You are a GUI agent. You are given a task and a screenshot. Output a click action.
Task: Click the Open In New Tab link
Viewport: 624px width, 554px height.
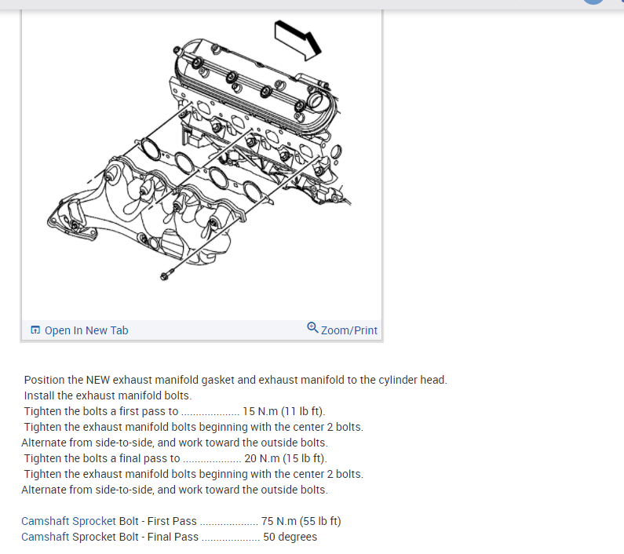(86, 330)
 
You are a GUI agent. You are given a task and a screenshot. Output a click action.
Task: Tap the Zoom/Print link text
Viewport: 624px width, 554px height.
(349, 330)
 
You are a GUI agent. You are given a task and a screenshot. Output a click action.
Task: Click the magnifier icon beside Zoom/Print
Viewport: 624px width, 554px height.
(313, 329)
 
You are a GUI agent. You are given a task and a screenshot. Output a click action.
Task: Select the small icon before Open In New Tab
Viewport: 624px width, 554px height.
(35, 330)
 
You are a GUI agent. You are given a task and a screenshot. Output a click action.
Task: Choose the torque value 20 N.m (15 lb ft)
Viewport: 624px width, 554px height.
(286, 458)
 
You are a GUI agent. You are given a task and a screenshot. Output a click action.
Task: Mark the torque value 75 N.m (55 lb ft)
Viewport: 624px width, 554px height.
(301, 521)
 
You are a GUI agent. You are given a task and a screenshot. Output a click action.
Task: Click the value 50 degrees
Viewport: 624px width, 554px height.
(290, 537)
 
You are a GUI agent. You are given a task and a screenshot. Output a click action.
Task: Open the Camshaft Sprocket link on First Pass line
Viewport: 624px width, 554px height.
(68, 521)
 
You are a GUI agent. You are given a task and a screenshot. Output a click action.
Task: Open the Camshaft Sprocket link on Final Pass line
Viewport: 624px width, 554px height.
(68, 537)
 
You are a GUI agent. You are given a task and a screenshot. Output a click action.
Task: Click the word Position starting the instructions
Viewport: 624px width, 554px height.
(44, 380)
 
